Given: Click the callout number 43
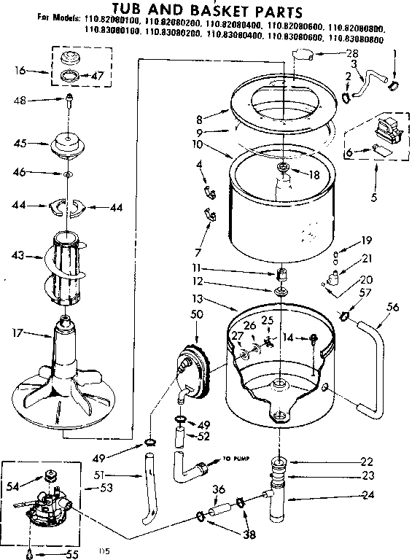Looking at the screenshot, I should pos(18,255).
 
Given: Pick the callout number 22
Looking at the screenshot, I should pos(366,461).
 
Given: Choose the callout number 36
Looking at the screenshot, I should pos(217,489).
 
